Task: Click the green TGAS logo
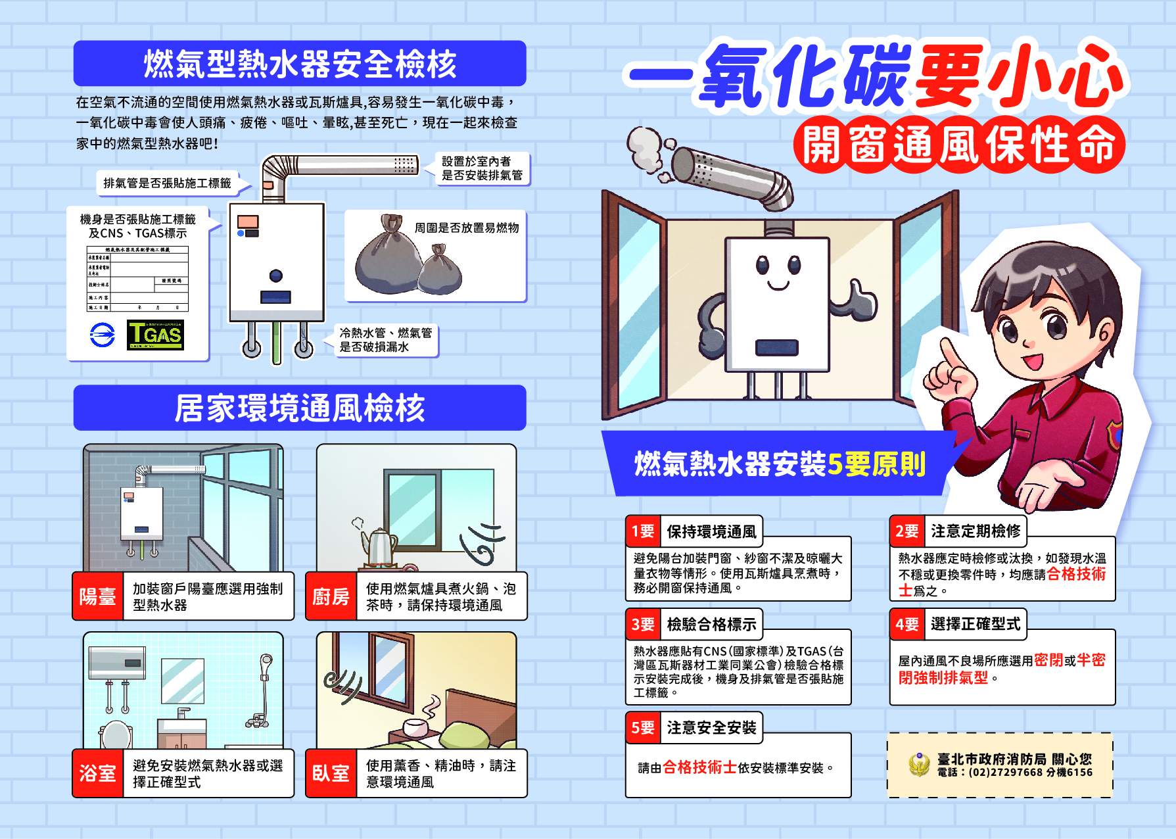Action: tap(155, 335)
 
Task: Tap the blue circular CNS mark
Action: tap(102, 335)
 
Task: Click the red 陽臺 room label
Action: tap(98, 596)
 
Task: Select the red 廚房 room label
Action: tap(331, 596)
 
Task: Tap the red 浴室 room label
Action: tap(98, 773)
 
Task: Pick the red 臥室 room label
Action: tap(331, 773)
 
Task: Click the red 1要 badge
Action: tap(643, 531)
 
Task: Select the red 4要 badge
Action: tap(907, 624)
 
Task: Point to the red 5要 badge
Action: tap(643, 728)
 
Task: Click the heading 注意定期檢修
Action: tap(976, 531)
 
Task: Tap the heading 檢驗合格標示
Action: tap(711, 624)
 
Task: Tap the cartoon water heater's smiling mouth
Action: tap(778, 286)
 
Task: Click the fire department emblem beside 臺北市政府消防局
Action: tap(919, 764)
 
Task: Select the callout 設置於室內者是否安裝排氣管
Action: tap(482, 168)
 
